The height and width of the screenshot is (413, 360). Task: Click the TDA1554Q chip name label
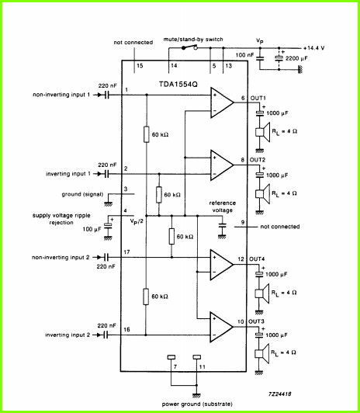(178, 85)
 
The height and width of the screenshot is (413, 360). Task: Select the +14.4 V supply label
(313, 48)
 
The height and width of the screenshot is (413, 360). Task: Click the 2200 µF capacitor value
(296, 58)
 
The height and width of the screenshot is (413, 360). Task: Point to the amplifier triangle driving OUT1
(222, 102)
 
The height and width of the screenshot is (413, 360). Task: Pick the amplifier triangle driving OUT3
(221, 327)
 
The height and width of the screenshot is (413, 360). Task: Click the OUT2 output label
(258, 160)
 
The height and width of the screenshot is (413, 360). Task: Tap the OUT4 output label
(257, 259)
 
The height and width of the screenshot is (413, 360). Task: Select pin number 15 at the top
(140, 65)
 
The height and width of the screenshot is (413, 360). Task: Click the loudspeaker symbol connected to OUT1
(263, 132)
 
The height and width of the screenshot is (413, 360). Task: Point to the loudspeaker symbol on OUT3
(261, 353)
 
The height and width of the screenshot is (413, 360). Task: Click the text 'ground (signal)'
(82, 194)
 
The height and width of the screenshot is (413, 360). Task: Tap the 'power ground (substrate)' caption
(197, 404)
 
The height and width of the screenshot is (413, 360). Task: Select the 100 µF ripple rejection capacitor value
(92, 229)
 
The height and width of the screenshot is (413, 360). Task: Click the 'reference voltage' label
(223, 206)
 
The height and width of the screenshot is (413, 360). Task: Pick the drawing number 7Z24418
(279, 394)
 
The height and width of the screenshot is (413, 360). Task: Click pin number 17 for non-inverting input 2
(126, 252)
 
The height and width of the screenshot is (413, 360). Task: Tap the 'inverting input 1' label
(68, 174)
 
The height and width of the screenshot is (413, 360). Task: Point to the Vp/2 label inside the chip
(137, 221)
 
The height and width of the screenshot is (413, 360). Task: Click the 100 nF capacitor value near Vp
(244, 55)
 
